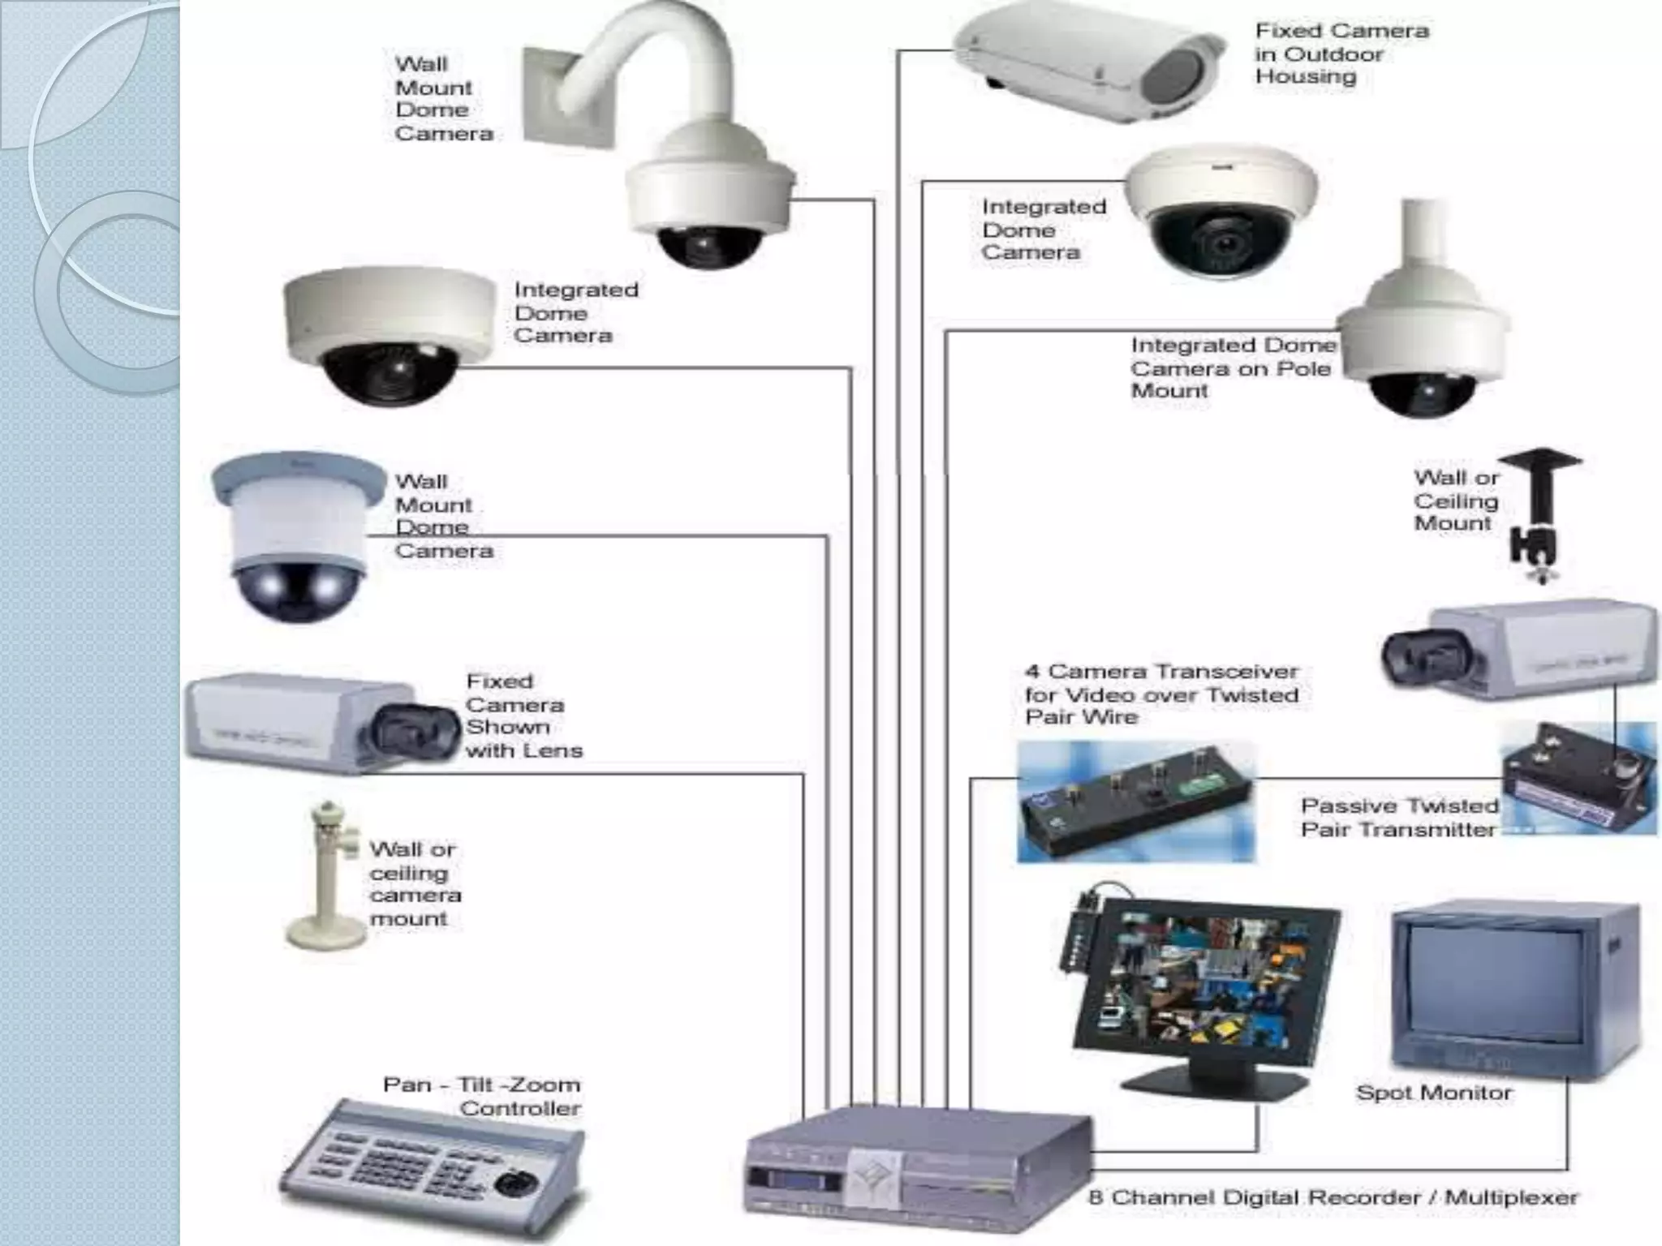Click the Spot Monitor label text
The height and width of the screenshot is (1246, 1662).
1434,1093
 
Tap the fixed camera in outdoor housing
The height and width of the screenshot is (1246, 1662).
1087,65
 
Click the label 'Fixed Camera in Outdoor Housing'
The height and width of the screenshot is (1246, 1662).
1341,54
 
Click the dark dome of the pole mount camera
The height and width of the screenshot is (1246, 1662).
1422,393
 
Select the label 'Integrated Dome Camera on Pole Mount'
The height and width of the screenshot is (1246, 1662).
1232,367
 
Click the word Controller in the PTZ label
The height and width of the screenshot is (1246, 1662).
520,1108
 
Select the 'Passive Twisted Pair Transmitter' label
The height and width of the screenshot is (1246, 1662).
1399,818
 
